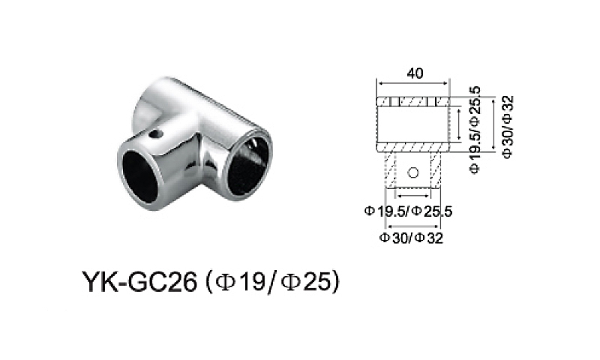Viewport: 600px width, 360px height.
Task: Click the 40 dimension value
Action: [413, 73]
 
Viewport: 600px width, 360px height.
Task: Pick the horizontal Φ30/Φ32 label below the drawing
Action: [412, 238]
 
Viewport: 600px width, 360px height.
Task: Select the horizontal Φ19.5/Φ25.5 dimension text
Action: [408, 211]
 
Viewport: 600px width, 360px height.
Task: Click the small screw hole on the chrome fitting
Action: [156, 136]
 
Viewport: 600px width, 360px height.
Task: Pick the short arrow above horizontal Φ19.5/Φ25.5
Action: [411, 198]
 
